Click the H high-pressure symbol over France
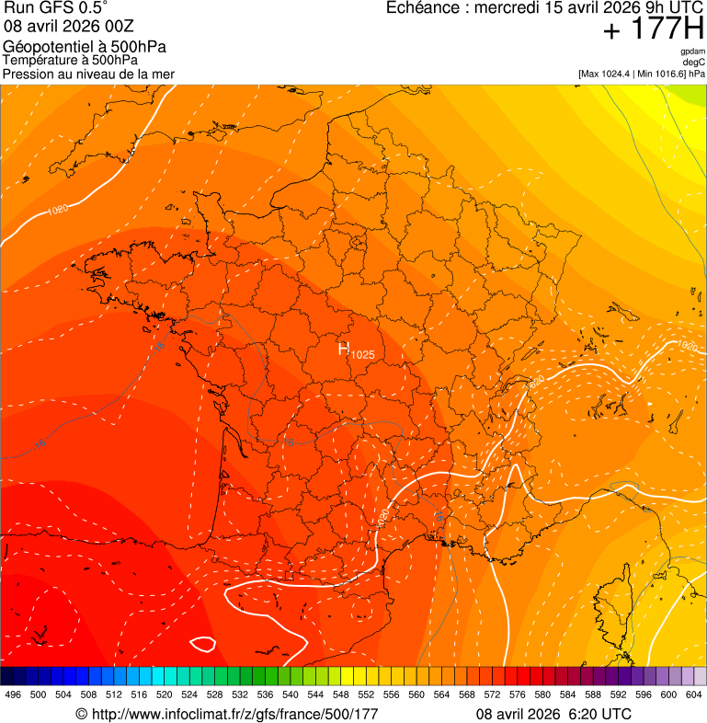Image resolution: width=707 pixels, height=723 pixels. [x=344, y=348]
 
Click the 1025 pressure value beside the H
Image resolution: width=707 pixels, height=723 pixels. [x=362, y=354]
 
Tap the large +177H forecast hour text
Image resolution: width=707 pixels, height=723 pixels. [x=653, y=29]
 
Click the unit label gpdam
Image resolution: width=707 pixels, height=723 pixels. [x=692, y=52]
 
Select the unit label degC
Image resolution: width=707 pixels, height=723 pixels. [x=694, y=63]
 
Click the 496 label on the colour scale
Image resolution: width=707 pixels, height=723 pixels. [x=13, y=694]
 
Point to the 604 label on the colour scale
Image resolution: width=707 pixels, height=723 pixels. [x=694, y=694]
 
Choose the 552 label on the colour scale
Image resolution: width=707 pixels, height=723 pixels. [x=366, y=694]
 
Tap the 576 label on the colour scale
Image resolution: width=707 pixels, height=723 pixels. [x=518, y=694]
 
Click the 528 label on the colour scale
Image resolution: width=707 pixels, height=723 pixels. [x=214, y=694]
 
